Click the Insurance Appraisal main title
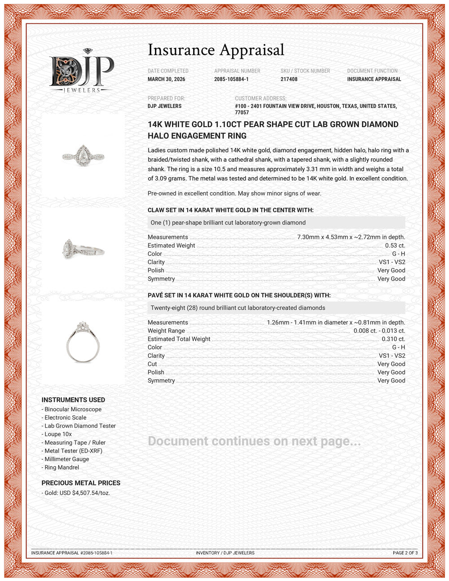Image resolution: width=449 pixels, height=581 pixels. [x=216, y=50]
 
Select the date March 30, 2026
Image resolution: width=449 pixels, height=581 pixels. [x=166, y=79]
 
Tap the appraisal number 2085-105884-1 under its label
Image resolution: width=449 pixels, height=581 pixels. [x=231, y=79]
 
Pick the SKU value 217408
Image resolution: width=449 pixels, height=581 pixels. [x=289, y=79]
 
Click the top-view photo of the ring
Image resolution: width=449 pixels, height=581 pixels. [x=83, y=155]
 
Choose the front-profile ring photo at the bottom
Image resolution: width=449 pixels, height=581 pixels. [x=83, y=342]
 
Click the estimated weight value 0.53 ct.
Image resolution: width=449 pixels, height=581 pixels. [x=395, y=246]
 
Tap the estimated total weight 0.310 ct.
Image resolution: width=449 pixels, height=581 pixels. [x=393, y=339]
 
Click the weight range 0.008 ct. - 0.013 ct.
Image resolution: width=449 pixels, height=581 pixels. [x=379, y=331]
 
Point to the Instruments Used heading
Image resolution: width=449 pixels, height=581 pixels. [x=73, y=400]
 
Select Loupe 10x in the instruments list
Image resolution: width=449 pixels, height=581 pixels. [x=58, y=434]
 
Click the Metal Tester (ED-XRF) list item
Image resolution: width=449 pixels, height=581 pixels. [x=73, y=451]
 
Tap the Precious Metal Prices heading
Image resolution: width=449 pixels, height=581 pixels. [x=81, y=483]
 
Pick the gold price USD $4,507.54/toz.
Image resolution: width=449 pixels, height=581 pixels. [x=77, y=493]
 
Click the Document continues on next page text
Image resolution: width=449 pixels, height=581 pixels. [x=254, y=441]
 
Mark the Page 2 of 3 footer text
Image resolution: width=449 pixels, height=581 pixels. [x=405, y=553]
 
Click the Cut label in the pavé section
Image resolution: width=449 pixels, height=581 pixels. [x=152, y=364]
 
